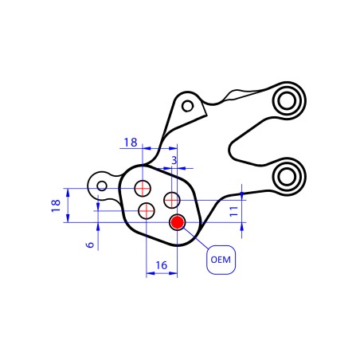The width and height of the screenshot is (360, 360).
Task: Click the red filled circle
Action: coord(177,222)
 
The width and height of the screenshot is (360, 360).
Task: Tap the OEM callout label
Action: coord(221,260)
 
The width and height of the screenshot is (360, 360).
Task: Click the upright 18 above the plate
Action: coord(131,143)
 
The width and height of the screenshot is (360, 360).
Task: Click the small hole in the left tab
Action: coord(102,186)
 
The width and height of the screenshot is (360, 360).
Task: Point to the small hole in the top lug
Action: coord(187,105)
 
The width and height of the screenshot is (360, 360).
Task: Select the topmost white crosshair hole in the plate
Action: coord(143,188)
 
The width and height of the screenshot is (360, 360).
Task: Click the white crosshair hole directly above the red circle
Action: coord(172,198)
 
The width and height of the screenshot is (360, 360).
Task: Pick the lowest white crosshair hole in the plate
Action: coord(147,211)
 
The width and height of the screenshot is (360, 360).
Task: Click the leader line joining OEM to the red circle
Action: coord(196,239)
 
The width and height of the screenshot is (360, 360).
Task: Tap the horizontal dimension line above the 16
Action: coord(161,274)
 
